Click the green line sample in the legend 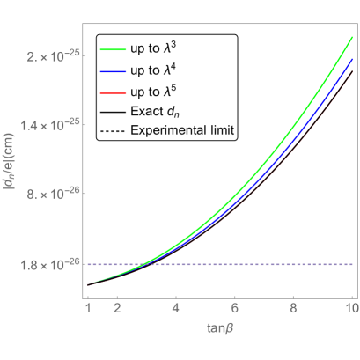pos(114,50)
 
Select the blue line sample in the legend pos(114,72)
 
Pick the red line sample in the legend pos(114,93)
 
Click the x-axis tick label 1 pos(88,309)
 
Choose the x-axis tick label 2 pos(117,309)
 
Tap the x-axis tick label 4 pos(176,309)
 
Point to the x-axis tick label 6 pos(234,309)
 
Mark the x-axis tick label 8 pos(293,309)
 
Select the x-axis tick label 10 pos(350,309)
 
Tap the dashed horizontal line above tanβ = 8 pos(293,264)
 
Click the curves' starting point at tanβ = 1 pos(88,284)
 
